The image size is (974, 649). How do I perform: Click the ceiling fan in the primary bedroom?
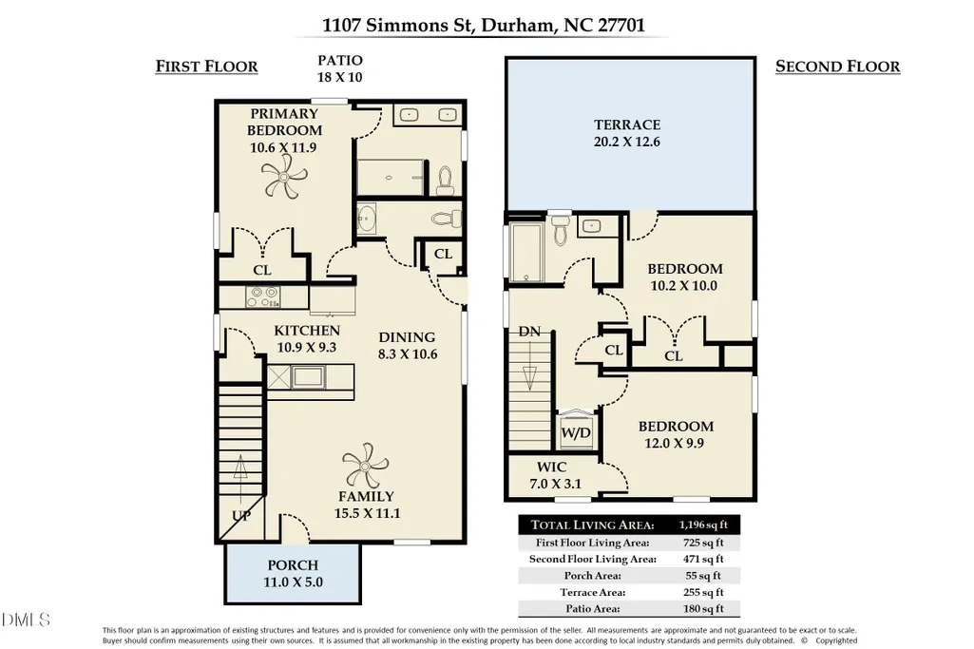click(x=284, y=177)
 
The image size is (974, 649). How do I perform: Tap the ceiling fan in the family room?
click(x=365, y=466)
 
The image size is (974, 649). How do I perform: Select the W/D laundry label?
click(x=576, y=432)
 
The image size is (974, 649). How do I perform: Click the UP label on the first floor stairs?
click(x=241, y=515)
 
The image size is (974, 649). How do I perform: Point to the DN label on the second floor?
click(x=529, y=332)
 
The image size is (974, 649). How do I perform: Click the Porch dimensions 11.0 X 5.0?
click(x=293, y=582)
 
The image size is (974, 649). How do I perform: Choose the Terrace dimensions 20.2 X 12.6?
click(x=627, y=142)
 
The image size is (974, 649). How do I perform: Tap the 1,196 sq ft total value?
click(x=703, y=525)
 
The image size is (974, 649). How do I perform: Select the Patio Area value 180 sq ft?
click(x=703, y=609)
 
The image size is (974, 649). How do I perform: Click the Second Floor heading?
click(x=837, y=67)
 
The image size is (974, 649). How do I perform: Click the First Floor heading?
click(x=206, y=67)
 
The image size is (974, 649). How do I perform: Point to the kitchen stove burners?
click(x=262, y=296)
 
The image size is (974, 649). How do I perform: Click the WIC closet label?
click(x=551, y=467)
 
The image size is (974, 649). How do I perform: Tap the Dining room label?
click(x=407, y=337)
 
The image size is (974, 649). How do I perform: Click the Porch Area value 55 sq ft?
click(x=703, y=576)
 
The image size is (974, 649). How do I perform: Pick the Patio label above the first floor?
click(x=340, y=60)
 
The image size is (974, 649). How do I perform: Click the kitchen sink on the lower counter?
click(x=308, y=376)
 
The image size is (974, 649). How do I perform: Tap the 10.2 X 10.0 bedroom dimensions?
click(x=684, y=286)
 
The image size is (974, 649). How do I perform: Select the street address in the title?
click(x=484, y=25)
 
